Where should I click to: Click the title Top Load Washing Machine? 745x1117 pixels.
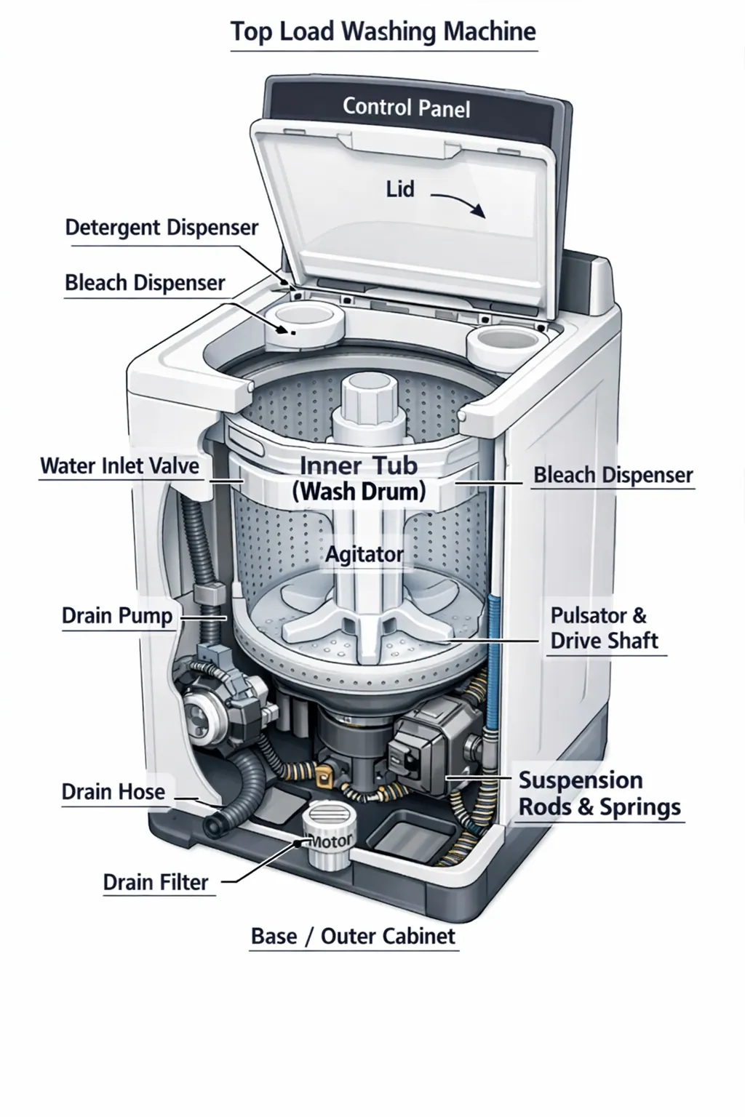[383, 32]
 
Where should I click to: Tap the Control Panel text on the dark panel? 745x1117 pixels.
[406, 108]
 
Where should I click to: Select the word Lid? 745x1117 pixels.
[399, 189]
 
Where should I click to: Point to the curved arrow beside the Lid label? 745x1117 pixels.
[458, 203]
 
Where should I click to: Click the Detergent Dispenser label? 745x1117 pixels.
[162, 228]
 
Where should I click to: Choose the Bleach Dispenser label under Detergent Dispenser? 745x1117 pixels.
[145, 283]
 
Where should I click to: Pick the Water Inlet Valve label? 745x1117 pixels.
[119, 465]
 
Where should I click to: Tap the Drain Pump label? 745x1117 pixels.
[117, 615]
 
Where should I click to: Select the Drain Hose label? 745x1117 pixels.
[113, 791]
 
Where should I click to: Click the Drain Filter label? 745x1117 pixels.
[156, 882]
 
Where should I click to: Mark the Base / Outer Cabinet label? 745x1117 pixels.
[353, 936]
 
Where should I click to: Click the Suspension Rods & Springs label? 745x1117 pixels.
[599, 793]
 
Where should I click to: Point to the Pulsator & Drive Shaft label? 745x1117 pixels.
[603, 628]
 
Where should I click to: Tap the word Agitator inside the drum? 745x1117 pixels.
[364, 554]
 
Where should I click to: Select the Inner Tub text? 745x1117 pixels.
[359, 465]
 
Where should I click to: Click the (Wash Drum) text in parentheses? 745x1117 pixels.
[359, 492]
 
